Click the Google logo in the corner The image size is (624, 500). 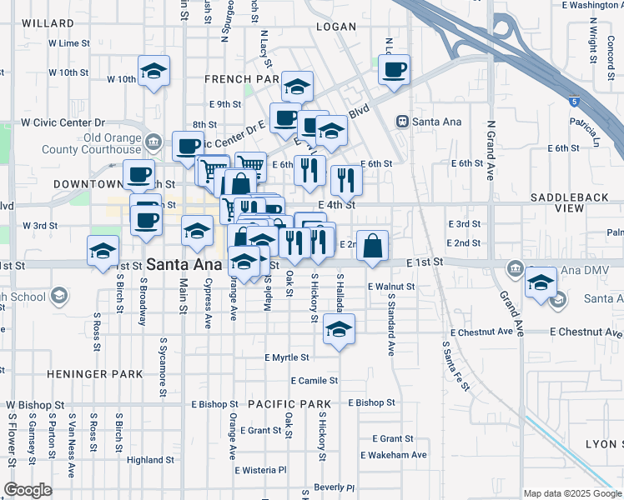point(29,490)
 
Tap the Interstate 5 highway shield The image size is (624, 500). point(574,102)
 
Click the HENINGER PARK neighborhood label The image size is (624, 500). point(95,375)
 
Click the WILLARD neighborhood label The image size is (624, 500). point(42,22)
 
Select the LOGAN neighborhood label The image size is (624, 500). point(336,27)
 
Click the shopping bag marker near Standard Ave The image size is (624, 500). point(373,246)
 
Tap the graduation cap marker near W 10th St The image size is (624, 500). point(153,72)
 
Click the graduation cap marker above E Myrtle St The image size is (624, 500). point(339,330)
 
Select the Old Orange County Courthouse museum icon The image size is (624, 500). point(152,142)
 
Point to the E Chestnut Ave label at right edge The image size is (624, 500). point(586,332)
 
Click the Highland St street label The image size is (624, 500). point(150,459)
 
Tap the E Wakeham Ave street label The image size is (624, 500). point(394,455)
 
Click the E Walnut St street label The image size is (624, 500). point(391,287)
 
